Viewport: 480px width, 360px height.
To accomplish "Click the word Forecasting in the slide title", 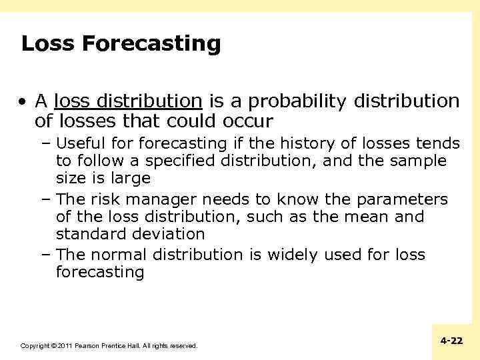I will click(151, 44).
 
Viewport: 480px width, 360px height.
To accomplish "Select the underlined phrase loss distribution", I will click(128, 101).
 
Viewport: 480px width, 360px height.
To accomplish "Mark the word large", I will click(131, 179).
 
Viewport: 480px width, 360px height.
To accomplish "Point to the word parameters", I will click(402, 199).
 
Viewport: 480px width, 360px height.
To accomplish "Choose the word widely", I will click(292, 255).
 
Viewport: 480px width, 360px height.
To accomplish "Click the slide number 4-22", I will click(451, 341).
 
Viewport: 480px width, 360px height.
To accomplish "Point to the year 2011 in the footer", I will click(64, 346).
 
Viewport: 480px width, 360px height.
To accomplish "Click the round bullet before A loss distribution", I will click(23, 102).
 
